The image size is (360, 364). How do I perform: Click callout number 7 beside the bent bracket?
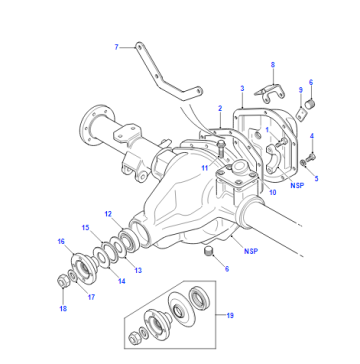point(116,47)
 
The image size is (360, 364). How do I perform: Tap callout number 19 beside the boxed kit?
point(230,315)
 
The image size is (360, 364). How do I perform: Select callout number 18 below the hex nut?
point(63,309)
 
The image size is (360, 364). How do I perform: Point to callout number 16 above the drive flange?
point(61,241)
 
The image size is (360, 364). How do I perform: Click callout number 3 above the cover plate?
point(242,88)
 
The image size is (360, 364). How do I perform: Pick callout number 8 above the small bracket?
point(273,65)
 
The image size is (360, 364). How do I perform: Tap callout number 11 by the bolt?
point(204,168)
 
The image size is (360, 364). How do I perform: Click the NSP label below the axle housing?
point(251,251)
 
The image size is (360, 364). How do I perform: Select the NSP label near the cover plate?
point(297,185)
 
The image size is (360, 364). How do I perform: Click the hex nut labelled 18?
point(63,282)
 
